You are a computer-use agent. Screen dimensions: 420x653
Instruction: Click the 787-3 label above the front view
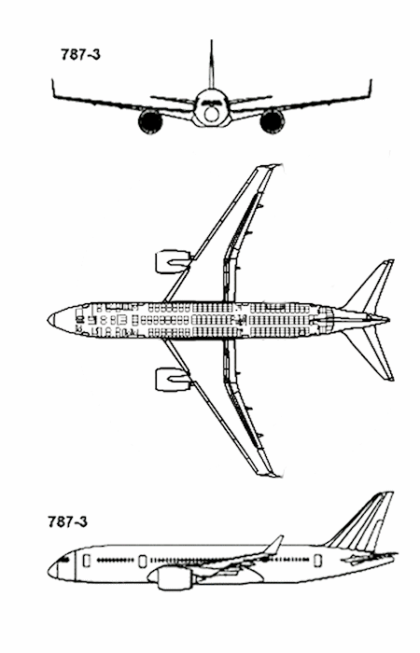click(80, 54)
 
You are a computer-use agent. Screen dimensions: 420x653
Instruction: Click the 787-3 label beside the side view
click(67, 521)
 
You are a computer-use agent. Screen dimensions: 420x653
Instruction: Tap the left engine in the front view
click(150, 120)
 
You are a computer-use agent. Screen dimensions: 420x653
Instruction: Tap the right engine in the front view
click(273, 120)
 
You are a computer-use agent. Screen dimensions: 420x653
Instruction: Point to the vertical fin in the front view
click(211, 64)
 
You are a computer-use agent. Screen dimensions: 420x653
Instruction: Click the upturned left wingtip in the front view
click(54, 89)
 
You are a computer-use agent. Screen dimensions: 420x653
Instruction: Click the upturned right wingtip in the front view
click(370, 89)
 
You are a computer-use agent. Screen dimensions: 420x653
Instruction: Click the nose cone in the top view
click(51, 320)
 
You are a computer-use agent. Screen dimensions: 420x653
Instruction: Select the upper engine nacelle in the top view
click(173, 262)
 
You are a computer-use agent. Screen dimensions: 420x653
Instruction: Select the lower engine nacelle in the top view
click(173, 379)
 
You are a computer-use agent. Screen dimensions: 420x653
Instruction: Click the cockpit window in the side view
click(63, 559)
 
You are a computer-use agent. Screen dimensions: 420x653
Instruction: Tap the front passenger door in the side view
click(87, 561)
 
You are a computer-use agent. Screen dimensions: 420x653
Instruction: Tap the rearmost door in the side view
click(318, 561)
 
